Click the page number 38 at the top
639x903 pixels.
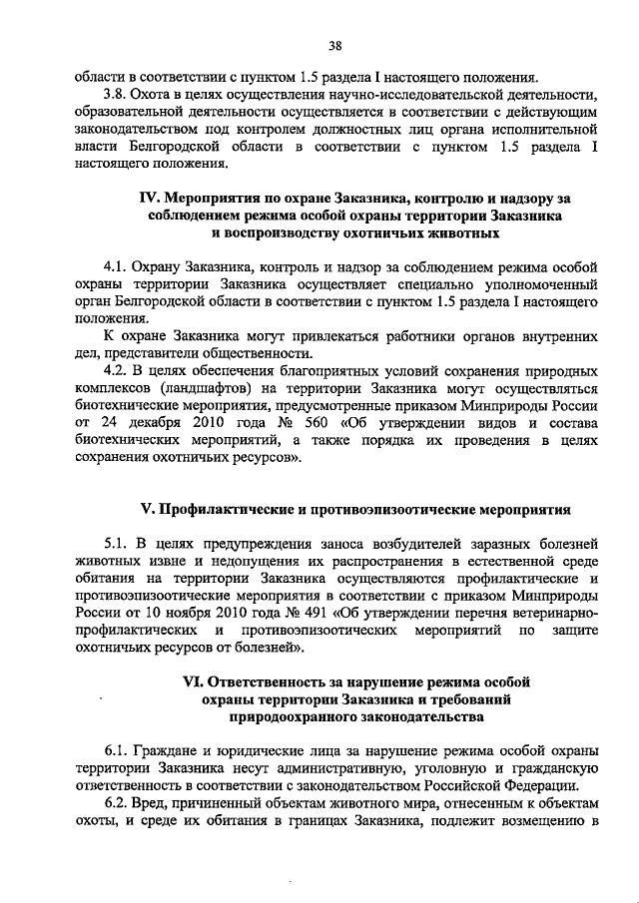(335, 45)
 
